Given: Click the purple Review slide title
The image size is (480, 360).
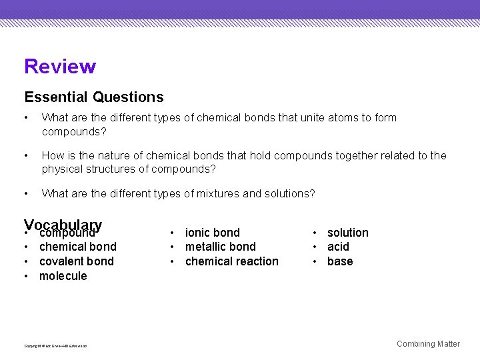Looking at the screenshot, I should point(60,67).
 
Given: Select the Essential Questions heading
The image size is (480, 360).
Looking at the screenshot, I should point(94,97).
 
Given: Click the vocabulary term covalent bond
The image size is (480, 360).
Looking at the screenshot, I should point(77,261).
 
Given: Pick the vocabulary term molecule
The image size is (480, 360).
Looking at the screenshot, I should point(63,276).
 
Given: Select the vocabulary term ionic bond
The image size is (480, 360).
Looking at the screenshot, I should point(213,233).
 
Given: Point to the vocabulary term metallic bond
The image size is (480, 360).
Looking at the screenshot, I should point(221,247).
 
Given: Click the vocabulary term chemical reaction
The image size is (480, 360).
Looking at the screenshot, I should point(232,261).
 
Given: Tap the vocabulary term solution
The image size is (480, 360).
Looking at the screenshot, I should point(347,233).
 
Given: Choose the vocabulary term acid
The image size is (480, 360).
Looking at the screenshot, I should point(338,247).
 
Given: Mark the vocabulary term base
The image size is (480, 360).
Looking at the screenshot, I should point(340,261).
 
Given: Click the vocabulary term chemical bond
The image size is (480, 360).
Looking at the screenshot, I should point(78,247).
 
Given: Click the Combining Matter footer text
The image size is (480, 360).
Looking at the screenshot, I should point(428,344).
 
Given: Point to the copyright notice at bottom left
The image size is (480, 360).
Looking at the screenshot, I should point(55,345).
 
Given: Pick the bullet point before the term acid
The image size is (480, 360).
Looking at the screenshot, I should point(316,247).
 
